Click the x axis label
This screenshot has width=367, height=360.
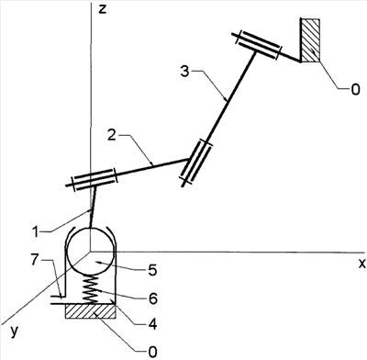[x=361, y=263]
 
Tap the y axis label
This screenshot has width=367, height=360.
[x=14, y=332]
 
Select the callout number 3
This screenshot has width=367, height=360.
[x=185, y=72]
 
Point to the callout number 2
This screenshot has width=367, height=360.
[x=112, y=134]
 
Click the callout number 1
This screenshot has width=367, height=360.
[x=36, y=231]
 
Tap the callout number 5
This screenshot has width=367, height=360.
[x=151, y=270]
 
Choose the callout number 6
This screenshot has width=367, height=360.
[x=152, y=298]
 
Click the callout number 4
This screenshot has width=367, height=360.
[x=152, y=324]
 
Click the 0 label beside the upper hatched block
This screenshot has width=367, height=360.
[x=355, y=90]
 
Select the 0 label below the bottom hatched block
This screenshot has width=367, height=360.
[x=152, y=352]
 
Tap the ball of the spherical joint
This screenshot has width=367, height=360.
[x=91, y=251]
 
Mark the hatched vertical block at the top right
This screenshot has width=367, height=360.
[x=310, y=39]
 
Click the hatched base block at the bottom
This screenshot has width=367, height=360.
[x=91, y=311]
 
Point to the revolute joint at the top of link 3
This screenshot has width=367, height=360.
[x=257, y=45]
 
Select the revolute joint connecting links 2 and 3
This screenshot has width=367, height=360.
[x=196, y=163]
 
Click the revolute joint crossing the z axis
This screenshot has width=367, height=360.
[x=92, y=180]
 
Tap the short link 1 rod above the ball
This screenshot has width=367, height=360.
[x=94, y=208]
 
